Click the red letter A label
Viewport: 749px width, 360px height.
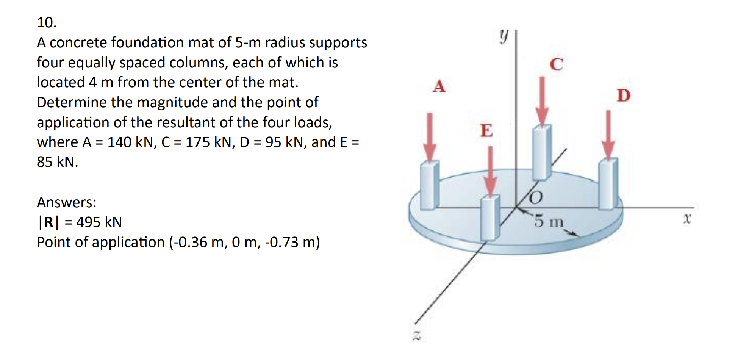(x=439, y=86)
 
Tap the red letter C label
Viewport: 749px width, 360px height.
(x=557, y=64)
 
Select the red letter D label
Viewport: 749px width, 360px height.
(x=623, y=95)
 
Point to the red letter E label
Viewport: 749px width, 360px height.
(x=486, y=130)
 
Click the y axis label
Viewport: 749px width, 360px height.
(x=503, y=37)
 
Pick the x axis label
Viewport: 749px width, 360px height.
(x=687, y=219)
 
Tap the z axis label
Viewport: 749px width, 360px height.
(x=417, y=335)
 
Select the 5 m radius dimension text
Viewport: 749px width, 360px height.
(x=549, y=221)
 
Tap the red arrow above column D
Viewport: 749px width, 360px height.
(x=608, y=134)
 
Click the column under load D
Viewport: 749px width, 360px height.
(x=608, y=184)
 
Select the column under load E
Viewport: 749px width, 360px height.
(x=490, y=218)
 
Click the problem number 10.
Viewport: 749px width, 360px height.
(x=47, y=23)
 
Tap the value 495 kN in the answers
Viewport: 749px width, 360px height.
(x=99, y=222)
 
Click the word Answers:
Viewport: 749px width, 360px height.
(x=67, y=202)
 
